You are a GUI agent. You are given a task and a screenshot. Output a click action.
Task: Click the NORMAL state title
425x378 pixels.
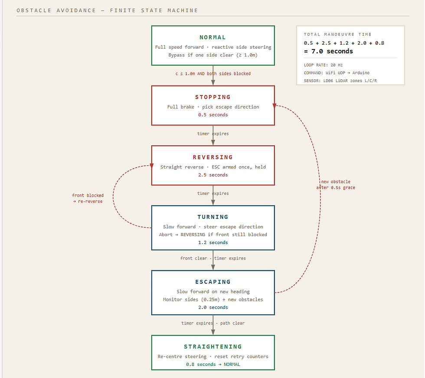point(212,37)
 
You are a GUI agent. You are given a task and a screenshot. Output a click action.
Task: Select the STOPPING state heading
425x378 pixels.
point(212,97)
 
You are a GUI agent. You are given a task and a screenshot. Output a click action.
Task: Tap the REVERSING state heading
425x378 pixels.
point(212,157)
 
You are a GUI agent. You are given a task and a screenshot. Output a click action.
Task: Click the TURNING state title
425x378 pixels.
point(212,217)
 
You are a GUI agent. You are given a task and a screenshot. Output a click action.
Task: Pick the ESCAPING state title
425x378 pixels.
point(212,282)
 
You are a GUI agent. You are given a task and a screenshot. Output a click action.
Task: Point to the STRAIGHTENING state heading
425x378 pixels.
point(212,347)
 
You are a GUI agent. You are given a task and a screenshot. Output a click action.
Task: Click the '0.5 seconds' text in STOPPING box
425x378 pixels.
point(212,115)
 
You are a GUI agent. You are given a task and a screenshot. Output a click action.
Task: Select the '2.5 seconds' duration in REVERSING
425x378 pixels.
point(212,175)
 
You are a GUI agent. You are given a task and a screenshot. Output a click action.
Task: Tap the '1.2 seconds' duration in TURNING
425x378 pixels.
point(212,243)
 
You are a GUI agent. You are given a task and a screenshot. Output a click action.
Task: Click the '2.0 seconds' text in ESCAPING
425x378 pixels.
point(212,307)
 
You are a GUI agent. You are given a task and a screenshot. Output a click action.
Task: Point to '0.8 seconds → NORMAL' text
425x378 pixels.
point(212,364)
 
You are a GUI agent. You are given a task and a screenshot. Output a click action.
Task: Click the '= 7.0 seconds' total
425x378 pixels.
point(328,51)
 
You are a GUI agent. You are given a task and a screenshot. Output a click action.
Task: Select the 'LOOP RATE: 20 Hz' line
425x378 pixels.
point(323,65)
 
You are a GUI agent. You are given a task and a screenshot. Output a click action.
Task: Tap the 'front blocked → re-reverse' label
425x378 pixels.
point(88,198)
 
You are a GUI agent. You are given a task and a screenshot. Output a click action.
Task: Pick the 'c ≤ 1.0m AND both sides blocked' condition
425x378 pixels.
point(212,74)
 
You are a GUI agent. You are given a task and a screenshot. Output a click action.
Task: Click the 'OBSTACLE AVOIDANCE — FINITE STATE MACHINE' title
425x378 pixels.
point(107,10)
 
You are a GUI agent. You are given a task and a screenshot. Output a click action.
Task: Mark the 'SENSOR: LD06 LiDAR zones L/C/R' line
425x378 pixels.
point(340,81)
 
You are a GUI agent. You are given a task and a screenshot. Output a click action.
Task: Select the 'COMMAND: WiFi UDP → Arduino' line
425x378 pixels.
point(337,73)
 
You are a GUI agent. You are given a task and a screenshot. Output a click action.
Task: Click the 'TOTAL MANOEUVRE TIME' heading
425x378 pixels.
point(337,34)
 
